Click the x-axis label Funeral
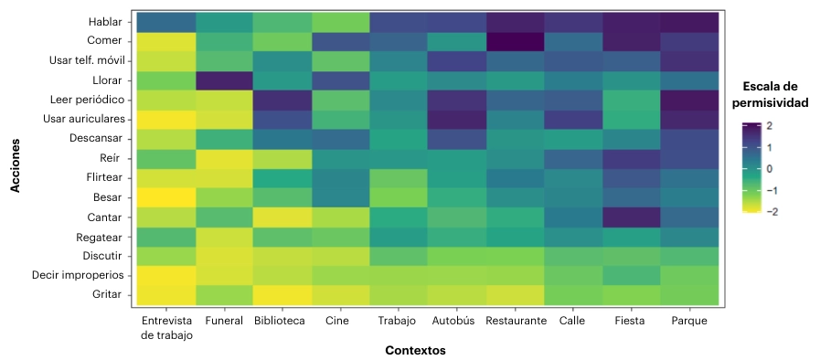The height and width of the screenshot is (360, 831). (x=225, y=321)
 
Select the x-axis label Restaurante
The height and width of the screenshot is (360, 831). (x=517, y=321)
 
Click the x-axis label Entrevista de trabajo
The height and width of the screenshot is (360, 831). (x=166, y=327)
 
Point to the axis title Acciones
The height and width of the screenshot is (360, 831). (x=16, y=158)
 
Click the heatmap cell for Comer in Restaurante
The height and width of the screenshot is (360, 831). (x=517, y=41)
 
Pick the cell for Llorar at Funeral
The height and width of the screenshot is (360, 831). (x=225, y=80)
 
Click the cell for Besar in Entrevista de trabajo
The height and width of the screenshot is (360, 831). (x=166, y=196)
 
